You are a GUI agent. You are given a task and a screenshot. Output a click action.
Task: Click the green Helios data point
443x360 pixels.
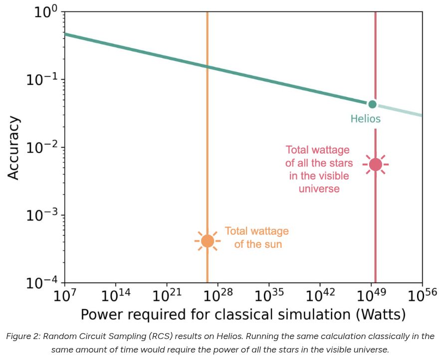click(x=372, y=104)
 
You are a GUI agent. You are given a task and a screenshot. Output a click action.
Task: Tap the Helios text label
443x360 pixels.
click(x=365, y=119)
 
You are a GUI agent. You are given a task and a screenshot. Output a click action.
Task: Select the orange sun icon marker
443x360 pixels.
click(x=207, y=241)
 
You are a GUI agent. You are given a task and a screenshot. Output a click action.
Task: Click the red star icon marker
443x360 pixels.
click(x=375, y=164)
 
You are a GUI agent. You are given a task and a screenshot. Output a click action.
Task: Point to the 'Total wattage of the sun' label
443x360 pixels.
click(x=257, y=238)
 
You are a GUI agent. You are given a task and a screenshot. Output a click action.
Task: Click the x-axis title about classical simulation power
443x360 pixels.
click(x=243, y=316)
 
